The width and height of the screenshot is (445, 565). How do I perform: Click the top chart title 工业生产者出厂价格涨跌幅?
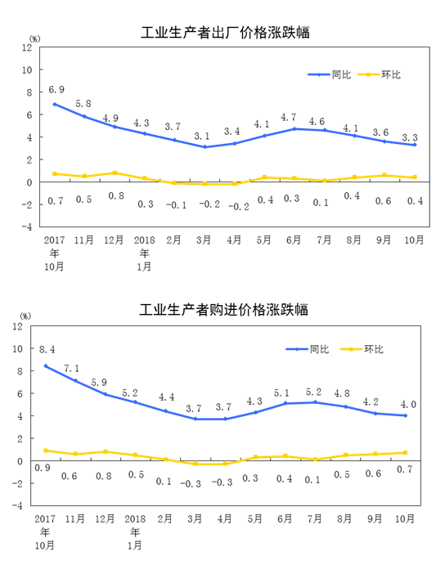coord(225,33)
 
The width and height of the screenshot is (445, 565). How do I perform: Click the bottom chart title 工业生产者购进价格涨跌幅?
coord(223,310)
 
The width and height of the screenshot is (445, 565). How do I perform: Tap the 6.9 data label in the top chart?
coord(56,89)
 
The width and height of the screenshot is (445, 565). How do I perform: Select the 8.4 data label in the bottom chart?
coord(47,349)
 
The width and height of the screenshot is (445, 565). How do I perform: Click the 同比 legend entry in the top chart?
coord(341,74)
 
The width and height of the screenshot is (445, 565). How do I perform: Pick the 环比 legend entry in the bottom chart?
coord(374,349)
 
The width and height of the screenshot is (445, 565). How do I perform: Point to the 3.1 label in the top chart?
coord(202,137)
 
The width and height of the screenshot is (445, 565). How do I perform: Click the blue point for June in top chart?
coord(294,128)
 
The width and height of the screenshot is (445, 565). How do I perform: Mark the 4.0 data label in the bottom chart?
coord(408,405)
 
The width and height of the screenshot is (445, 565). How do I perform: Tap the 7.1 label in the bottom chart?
coord(71,368)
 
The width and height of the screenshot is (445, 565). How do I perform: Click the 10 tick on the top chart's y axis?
coord(27,70)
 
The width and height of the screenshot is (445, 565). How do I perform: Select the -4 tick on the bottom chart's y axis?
coord(17,505)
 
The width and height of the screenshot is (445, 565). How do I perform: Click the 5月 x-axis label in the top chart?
coord(263,240)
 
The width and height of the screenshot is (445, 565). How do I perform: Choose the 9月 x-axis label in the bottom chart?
coord(375,519)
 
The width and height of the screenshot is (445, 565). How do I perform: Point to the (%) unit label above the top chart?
coord(34,39)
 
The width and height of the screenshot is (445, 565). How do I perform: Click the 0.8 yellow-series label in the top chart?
coord(116,195)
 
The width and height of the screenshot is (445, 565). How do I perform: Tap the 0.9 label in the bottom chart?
coord(43,468)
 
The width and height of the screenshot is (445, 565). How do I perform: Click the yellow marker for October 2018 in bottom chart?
coord(406,453)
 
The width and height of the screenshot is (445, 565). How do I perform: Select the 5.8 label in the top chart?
coord(83,104)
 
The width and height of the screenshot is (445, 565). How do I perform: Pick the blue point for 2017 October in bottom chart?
coord(46,366)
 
